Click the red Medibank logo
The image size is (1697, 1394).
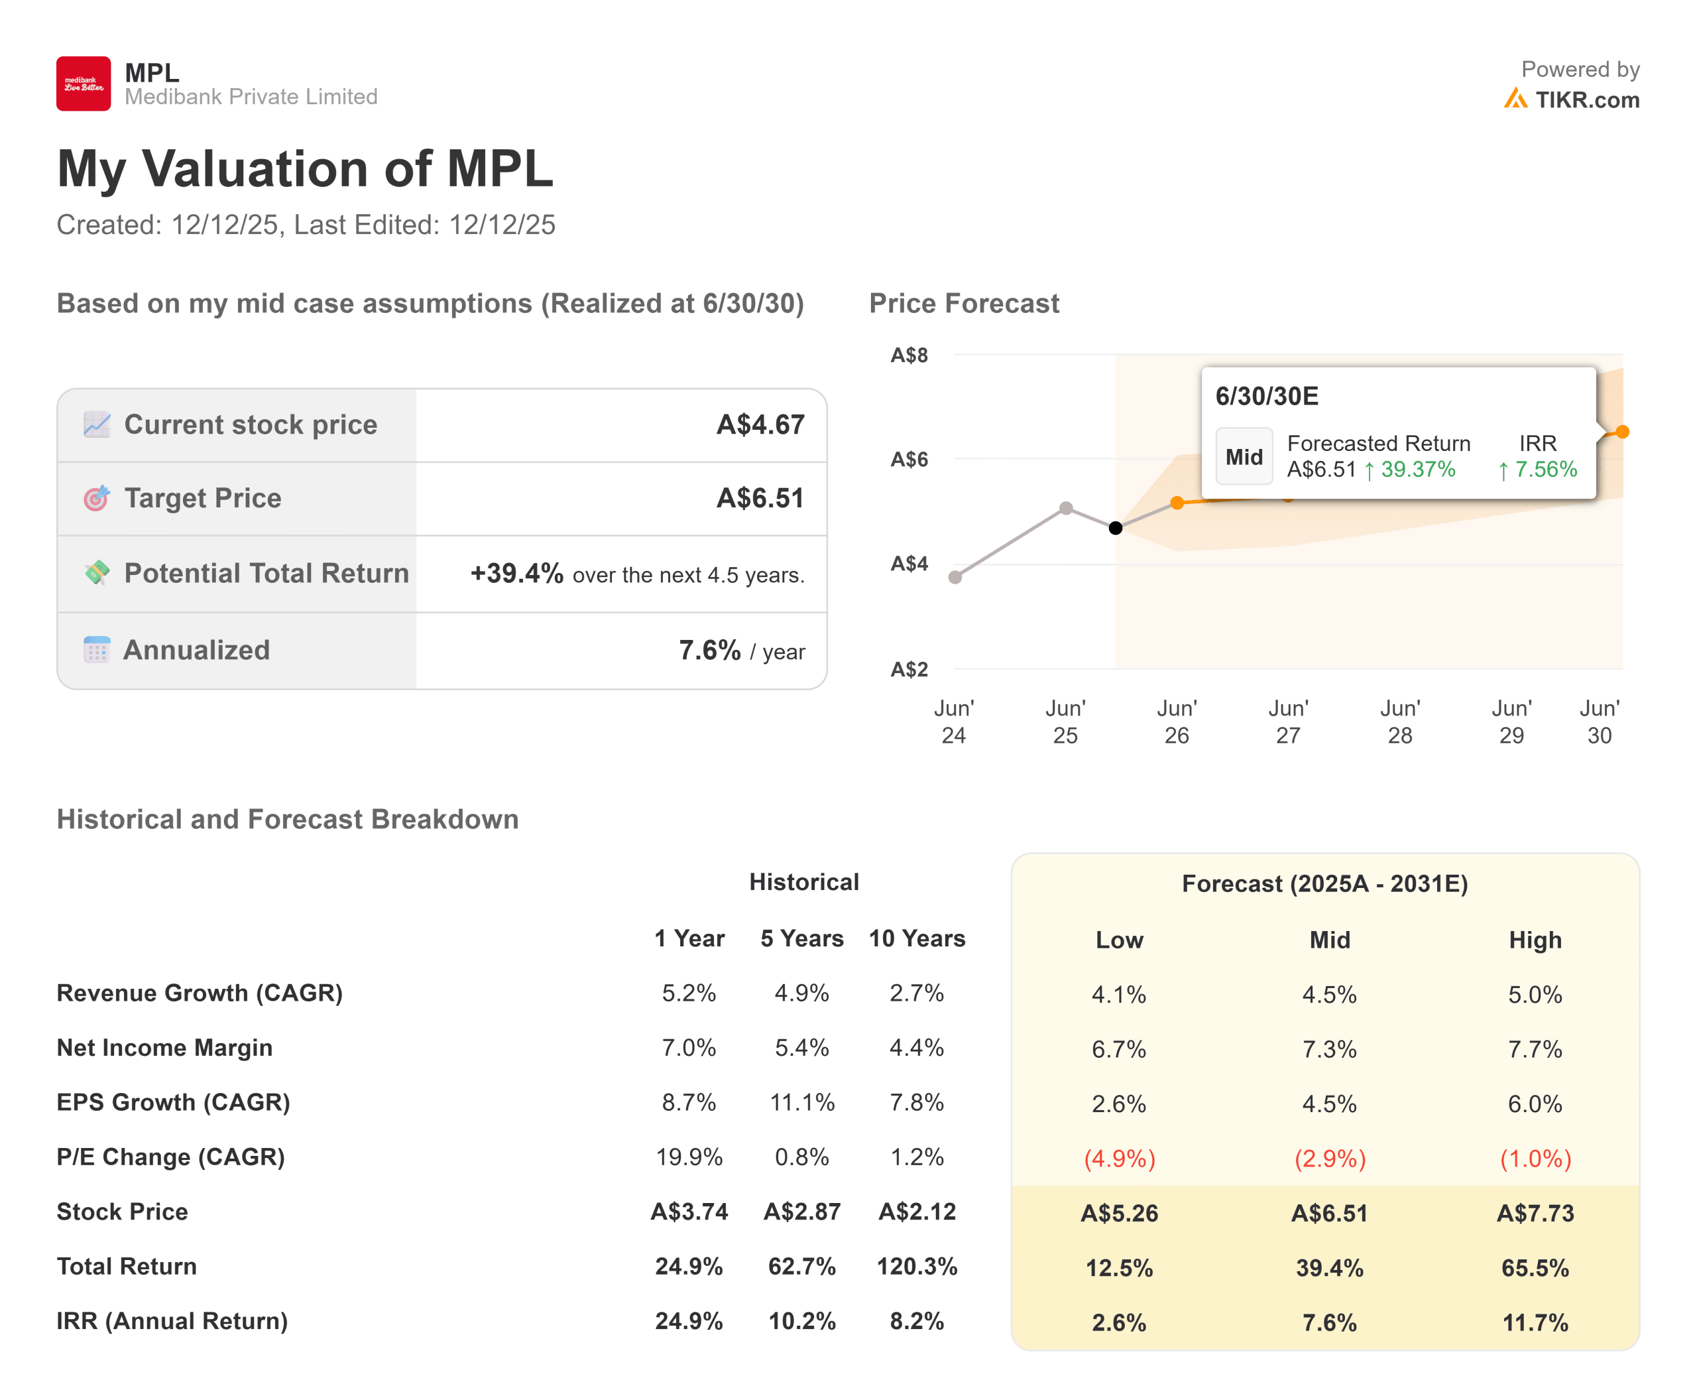tap(84, 84)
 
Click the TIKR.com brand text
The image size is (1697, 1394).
tap(1586, 99)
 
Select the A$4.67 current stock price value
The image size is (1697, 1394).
tap(760, 425)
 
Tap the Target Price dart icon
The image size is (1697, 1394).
tap(96, 498)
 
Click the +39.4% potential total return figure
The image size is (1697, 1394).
tap(516, 574)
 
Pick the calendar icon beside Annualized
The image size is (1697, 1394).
tap(96, 650)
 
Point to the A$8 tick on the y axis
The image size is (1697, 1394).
tap(909, 355)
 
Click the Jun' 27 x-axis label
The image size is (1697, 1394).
tap(1287, 721)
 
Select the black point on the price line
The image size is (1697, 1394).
tap(1115, 528)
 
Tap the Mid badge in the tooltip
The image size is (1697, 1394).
tap(1244, 457)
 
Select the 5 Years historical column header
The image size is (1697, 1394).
tap(801, 938)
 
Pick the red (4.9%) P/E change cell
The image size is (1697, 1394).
tap(1119, 1159)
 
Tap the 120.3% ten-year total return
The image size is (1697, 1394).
tap(916, 1266)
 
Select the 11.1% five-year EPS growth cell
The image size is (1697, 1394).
tap(801, 1102)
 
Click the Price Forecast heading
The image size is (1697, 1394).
tap(963, 304)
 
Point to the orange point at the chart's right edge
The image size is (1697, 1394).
tap(1621, 432)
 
